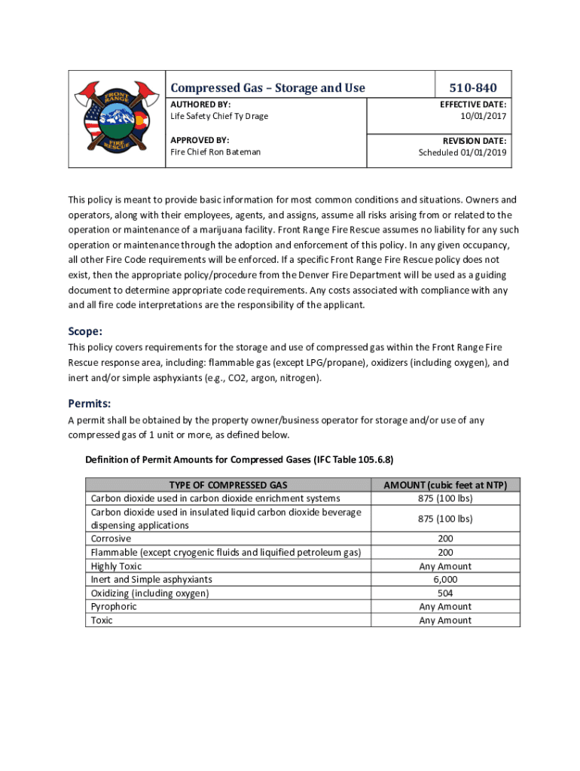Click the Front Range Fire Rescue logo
pos(116,119)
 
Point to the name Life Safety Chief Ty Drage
pos(219,116)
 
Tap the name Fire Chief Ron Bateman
pos(215,152)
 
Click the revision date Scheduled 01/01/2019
pos(462,152)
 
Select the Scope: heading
pos(85,331)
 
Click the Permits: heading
pos(90,403)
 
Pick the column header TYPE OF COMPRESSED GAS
pos(228,485)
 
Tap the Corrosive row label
pos(111,539)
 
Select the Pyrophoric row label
pos(114,606)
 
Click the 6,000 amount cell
pos(444,580)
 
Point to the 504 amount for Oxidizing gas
pos(444,593)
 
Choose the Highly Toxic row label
pos(116,566)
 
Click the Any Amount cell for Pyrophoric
pos(444,606)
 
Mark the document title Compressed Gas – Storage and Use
pos(267,88)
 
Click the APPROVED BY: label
pos(200,140)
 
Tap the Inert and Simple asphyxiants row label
pos(151,580)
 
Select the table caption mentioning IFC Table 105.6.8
pos(240,459)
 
